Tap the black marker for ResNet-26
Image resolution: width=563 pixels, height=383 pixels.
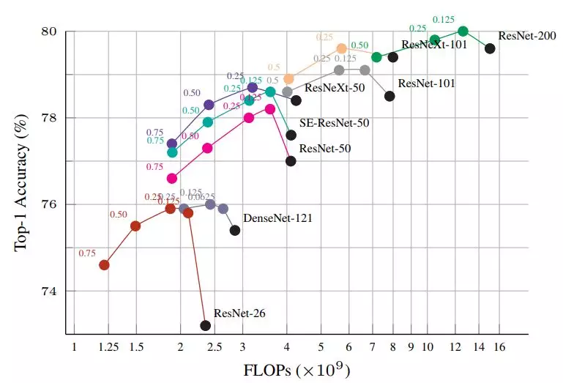(206, 325)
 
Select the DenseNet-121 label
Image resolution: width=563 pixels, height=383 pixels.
(278, 217)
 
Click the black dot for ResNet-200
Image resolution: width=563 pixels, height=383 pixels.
(490, 48)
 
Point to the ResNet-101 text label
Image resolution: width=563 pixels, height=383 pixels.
(426, 83)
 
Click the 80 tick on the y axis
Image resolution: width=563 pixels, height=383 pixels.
(50, 32)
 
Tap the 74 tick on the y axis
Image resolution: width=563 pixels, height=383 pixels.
(50, 291)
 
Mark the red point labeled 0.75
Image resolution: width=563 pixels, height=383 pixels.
(104, 264)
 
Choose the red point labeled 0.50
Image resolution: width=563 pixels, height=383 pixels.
(135, 226)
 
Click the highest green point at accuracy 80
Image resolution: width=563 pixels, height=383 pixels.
(463, 31)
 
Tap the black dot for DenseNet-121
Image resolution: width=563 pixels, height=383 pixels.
(235, 231)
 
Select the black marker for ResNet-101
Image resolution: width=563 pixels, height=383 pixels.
(389, 96)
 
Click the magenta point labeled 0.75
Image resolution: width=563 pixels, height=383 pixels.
(172, 178)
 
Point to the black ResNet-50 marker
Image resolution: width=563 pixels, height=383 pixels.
(291, 161)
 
